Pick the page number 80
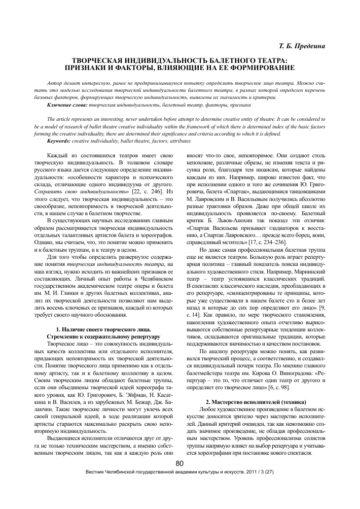(179, 478)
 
